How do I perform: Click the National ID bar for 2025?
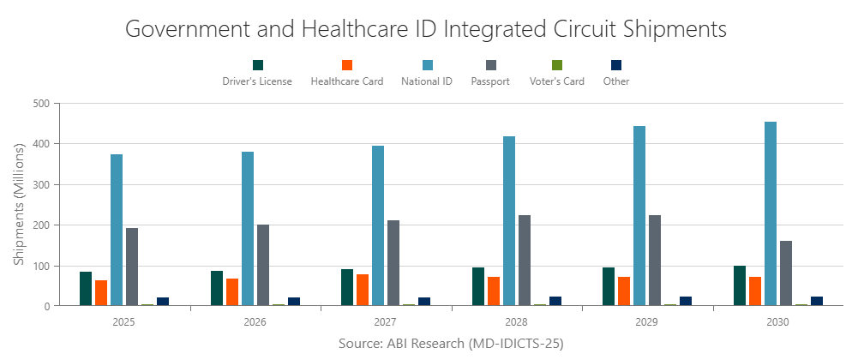117,230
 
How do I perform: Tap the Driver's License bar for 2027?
347,287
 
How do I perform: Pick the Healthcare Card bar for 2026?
232,291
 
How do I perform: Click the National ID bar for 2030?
771,213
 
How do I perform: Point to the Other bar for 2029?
686,301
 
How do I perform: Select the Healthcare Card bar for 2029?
624,291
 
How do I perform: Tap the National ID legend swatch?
427,65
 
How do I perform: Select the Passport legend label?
490,81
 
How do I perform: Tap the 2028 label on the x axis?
517,323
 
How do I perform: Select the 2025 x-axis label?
124,323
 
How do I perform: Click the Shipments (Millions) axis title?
19,204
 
